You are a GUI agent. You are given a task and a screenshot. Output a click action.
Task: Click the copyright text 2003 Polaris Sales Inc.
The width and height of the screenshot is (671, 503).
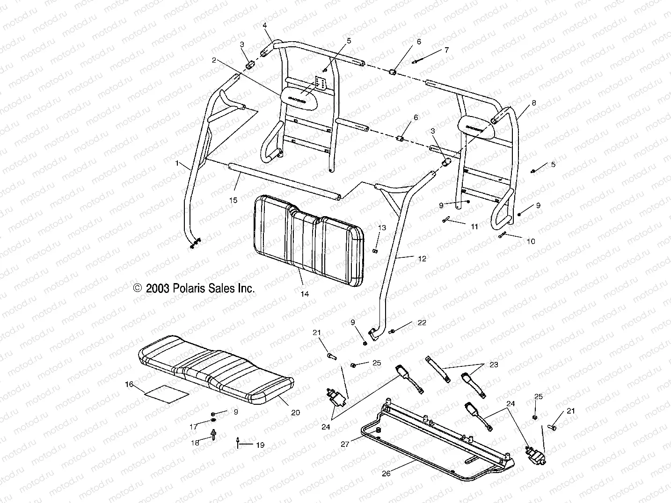194,288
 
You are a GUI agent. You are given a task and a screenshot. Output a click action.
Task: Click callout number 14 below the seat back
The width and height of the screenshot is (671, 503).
305,294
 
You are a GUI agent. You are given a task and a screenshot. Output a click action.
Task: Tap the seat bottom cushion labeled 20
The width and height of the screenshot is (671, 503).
215,370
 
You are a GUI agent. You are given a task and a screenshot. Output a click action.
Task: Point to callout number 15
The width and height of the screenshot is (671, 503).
233,200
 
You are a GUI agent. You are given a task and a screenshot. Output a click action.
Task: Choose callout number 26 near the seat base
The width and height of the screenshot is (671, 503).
386,473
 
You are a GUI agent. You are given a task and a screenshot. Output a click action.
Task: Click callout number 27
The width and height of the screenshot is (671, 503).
345,444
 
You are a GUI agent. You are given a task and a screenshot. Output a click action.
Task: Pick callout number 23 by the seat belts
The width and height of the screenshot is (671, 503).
494,364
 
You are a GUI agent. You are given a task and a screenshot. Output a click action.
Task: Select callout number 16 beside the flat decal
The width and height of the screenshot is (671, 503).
129,384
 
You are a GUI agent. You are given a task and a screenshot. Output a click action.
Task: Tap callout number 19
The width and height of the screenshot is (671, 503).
260,445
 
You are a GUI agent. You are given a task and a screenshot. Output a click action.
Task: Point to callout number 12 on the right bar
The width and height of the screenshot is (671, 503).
422,258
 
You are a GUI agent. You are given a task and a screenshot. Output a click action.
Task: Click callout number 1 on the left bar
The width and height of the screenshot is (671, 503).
177,163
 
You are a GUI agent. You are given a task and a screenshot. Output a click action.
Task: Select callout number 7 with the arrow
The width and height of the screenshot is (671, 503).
446,50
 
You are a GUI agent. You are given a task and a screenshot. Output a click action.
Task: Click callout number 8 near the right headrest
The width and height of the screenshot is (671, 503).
534,102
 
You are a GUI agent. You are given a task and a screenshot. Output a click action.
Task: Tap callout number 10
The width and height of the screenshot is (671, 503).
531,241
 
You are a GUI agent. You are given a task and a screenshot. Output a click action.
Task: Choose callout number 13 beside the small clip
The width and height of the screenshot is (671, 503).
382,227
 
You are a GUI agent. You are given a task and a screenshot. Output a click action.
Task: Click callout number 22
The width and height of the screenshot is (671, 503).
422,322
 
